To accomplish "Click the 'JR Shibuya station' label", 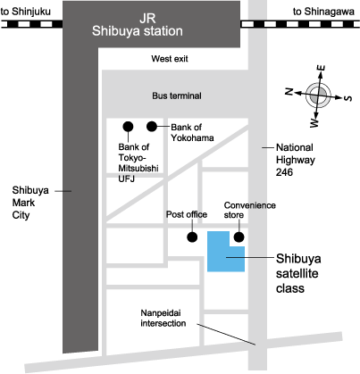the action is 138,25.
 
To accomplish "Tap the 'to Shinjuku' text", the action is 26,12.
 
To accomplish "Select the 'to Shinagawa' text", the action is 323,12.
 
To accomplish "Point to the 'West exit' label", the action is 170,59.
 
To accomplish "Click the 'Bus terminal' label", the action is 177,96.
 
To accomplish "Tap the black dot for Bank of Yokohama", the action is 152,127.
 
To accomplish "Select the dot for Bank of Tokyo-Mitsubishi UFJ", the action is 128,127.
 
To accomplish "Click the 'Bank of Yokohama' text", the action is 192,132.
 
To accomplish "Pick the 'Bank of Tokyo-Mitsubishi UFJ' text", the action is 138,162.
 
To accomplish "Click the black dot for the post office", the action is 192,237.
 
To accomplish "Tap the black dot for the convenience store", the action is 239,237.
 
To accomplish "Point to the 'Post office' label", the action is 187,214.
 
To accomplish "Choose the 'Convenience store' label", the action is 249,210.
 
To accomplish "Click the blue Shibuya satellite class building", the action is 221,256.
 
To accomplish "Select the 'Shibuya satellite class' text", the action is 298,273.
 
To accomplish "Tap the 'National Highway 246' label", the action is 295,160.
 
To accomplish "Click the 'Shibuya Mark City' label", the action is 30,203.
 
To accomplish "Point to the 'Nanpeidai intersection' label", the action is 163,318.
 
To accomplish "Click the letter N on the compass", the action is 289,91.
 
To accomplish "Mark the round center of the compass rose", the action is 318,96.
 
